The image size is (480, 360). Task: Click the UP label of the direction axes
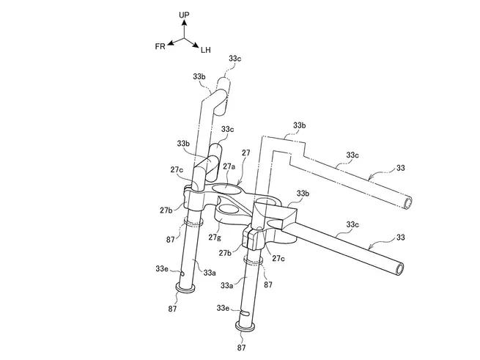pos(184,15)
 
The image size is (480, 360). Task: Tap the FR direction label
pos(160,46)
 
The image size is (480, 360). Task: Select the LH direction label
pos(206,50)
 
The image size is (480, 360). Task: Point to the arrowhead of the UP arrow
pos(184,23)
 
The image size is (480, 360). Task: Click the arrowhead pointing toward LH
pos(196,45)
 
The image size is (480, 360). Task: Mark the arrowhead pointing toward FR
pos(171,43)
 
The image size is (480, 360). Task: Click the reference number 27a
pos(229,166)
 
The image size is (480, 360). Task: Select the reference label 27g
pos(214,237)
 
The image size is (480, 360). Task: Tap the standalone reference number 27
pos(245,153)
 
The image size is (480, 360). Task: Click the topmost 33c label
pos(235,59)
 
